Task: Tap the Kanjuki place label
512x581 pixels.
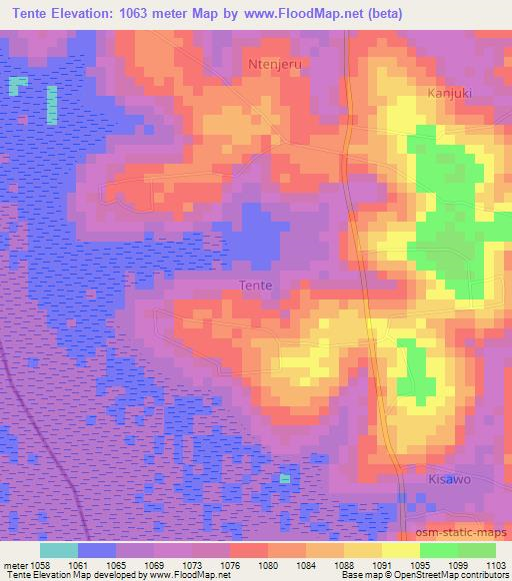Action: pyautogui.click(x=448, y=91)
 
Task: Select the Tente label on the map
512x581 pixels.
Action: pyautogui.click(x=255, y=285)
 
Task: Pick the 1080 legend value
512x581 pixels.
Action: pyautogui.click(x=267, y=564)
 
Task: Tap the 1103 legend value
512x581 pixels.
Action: pyautogui.click(x=495, y=564)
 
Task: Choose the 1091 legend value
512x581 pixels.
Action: pyautogui.click(x=381, y=564)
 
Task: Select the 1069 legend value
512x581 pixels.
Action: pyautogui.click(x=153, y=564)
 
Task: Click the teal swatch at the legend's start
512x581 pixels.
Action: pyautogui.click(x=59, y=550)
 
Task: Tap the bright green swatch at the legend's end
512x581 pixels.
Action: pyautogui.click(x=476, y=550)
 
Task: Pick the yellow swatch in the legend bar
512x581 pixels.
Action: pyautogui.click(x=400, y=550)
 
